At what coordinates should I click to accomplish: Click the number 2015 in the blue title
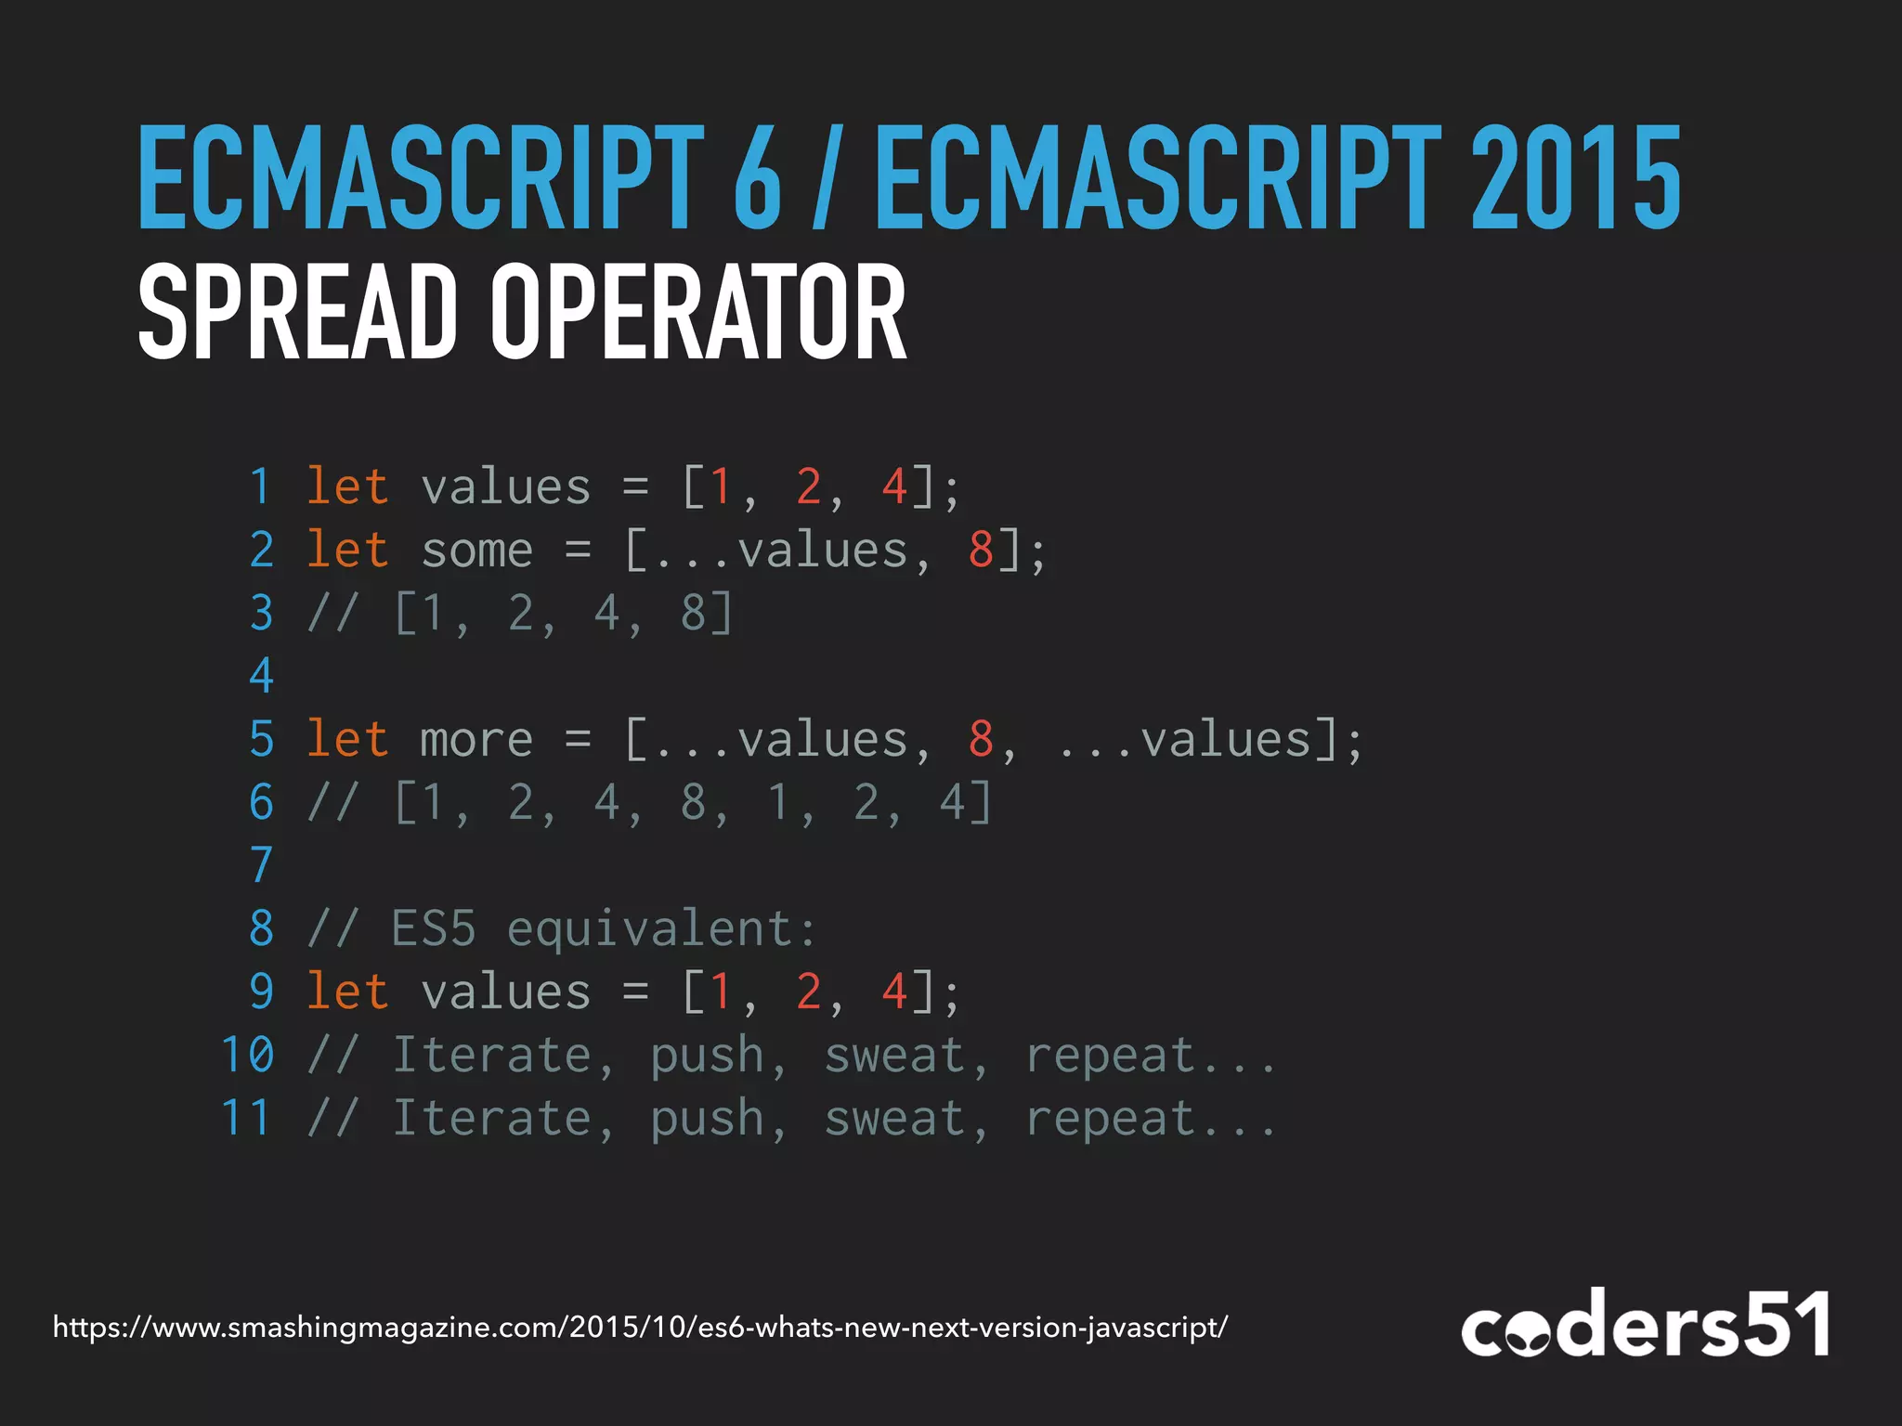[x=1576, y=178]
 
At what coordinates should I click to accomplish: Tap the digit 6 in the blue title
[x=757, y=178]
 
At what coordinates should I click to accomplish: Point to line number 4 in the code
[x=262, y=676]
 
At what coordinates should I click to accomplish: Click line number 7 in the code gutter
[x=262, y=865]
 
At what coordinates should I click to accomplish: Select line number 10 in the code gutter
[x=248, y=1055]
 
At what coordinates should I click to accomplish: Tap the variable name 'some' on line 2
[x=476, y=551]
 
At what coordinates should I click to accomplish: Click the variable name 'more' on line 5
[x=476, y=740]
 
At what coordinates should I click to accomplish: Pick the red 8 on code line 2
[x=981, y=550]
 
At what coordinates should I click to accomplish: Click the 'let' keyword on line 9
[x=347, y=992]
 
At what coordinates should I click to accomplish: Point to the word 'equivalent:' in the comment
[x=662, y=929]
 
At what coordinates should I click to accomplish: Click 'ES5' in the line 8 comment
[x=434, y=928]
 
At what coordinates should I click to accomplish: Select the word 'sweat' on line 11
[x=894, y=1118]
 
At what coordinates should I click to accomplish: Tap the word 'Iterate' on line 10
[x=492, y=1055]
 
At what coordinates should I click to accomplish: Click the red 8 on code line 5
[x=981, y=739]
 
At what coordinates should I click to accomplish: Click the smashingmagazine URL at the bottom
[x=640, y=1327]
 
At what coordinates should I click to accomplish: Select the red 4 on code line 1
[x=894, y=486]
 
